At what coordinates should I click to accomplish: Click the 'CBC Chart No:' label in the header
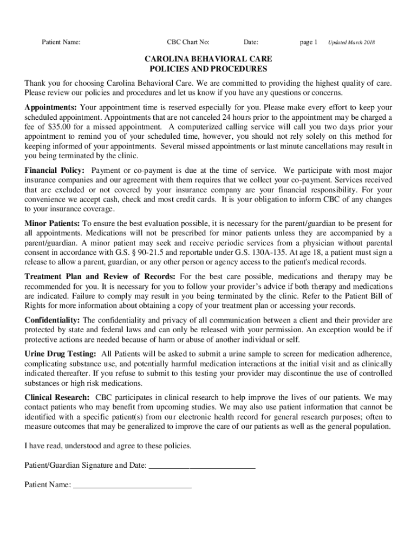188,42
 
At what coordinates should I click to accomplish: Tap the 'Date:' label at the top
251,42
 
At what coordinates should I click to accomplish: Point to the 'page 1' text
308,42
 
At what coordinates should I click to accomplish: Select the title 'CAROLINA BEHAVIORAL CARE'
208,59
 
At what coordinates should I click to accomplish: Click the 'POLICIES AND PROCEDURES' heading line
208,69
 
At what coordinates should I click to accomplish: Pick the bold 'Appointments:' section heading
51,107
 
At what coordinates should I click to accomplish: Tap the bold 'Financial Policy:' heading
55,170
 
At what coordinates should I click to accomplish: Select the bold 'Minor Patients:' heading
53,223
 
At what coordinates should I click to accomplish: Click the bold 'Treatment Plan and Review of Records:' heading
100,276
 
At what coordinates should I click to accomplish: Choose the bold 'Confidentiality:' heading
53,320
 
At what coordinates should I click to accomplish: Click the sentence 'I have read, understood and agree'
108,446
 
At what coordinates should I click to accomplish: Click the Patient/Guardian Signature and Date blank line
201,466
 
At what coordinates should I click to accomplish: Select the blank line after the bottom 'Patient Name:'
132,485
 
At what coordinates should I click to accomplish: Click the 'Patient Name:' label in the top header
62,42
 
